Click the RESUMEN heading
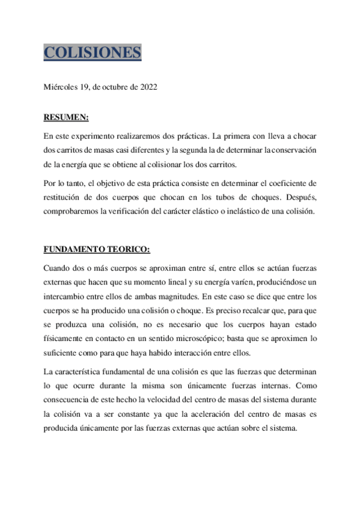[66, 117]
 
